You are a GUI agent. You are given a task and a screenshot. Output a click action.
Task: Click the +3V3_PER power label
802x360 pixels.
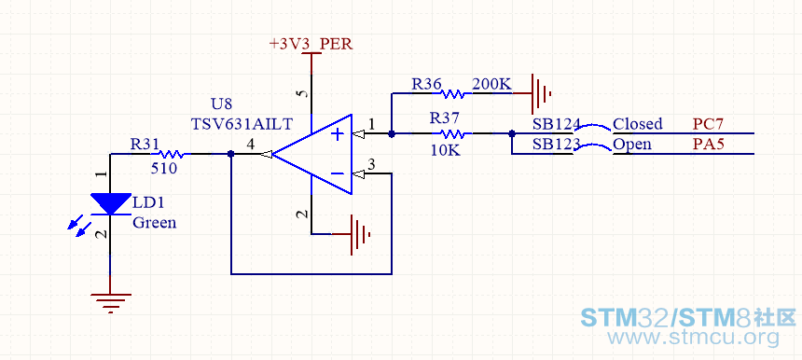[x=311, y=44]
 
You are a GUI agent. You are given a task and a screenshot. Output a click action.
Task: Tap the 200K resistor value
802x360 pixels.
[x=491, y=84]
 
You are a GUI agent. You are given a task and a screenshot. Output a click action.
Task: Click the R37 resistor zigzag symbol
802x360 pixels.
[x=452, y=134]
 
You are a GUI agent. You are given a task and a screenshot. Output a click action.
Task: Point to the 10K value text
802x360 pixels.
[x=445, y=151]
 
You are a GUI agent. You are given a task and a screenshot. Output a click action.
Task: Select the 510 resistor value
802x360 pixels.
[x=164, y=168]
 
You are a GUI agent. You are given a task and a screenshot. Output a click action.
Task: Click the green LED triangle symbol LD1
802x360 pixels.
[x=110, y=204]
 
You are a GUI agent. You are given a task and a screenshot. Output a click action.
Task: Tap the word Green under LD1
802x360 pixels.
[x=155, y=223]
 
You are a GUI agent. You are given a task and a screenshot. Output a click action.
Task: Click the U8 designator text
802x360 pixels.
[x=221, y=104]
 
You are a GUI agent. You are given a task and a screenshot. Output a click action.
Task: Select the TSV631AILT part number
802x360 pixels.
[x=242, y=124]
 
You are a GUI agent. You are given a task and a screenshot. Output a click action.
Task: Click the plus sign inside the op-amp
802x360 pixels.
[x=338, y=134]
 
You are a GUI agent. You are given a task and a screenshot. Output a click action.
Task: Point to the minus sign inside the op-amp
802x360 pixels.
[x=338, y=173]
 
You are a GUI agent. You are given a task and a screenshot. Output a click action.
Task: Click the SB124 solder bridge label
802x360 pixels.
[x=557, y=124]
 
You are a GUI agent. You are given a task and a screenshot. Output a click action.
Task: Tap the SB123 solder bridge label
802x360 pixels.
[x=557, y=145]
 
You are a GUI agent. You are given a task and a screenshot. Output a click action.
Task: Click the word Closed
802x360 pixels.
[x=637, y=124]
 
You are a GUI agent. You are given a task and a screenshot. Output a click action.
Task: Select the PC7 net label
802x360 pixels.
[x=709, y=124]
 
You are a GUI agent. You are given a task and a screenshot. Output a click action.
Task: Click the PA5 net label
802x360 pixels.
[x=709, y=145]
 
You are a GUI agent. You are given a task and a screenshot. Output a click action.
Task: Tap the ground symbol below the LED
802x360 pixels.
[x=110, y=302]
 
